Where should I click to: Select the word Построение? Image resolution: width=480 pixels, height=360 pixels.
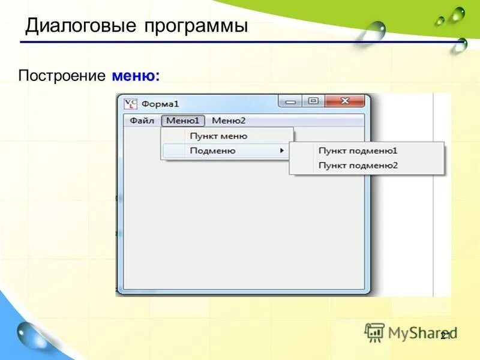click(x=62, y=76)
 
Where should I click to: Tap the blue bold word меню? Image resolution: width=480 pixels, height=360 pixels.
click(x=136, y=76)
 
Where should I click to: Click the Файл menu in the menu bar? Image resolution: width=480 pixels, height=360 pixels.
click(x=142, y=121)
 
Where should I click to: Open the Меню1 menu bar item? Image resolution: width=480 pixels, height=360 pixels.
click(x=183, y=121)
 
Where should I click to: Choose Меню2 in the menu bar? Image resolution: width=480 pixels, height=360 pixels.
click(x=229, y=121)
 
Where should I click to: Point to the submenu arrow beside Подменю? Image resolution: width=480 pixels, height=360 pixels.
click(x=282, y=151)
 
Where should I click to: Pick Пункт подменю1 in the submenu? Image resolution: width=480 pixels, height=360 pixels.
click(x=358, y=151)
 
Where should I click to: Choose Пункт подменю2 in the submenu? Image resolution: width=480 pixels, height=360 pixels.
click(x=358, y=165)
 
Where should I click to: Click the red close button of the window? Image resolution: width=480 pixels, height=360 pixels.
click(x=344, y=101)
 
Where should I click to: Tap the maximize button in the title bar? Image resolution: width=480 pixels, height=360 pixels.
click(x=313, y=101)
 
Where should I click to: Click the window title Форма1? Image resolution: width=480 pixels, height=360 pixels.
click(x=160, y=104)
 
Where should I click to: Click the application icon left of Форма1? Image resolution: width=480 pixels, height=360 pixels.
click(x=130, y=103)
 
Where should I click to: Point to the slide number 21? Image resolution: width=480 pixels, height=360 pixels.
click(x=445, y=337)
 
